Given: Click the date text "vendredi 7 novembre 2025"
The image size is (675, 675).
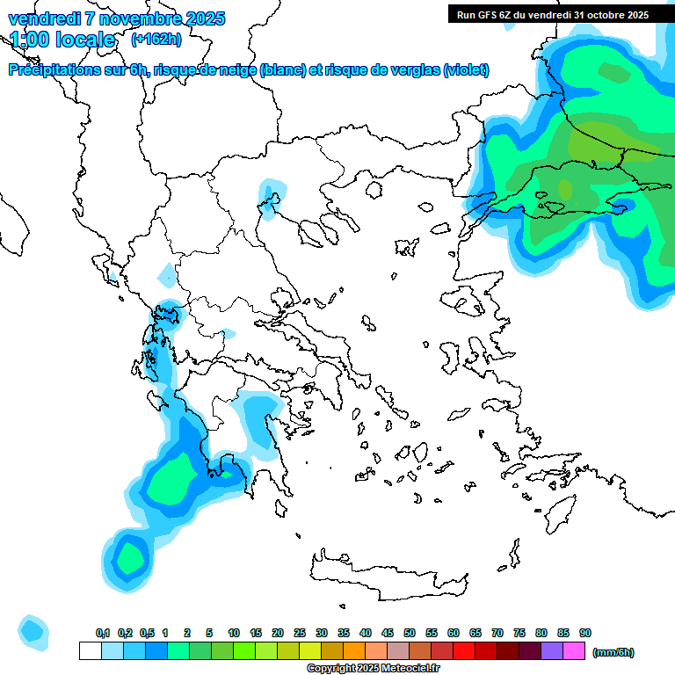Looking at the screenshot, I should tap(116, 18).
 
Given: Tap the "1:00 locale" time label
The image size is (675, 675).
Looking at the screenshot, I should tap(62, 40).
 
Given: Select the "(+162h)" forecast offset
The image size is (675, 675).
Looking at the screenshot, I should tap(156, 39).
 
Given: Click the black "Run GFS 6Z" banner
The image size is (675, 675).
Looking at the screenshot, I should tap(552, 14).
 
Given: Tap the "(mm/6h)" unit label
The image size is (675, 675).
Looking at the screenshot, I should tap(613, 652).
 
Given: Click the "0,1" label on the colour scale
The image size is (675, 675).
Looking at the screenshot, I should tap(103, 634).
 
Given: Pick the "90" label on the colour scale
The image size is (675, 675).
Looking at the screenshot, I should tap(585, 634).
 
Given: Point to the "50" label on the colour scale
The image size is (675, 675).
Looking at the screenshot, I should tap(410, 634).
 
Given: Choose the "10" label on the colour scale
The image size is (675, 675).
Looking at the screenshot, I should tap(234, 634).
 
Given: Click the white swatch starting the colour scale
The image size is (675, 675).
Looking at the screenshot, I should tap(90, 650).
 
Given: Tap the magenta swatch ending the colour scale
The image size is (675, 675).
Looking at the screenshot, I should tap(574, 650).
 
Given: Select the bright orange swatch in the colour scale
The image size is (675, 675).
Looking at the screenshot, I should tap(354, 650).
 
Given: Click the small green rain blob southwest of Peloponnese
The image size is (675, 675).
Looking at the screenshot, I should tap(130, 555).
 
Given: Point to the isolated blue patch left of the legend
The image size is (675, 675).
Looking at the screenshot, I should tap(33, 630).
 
